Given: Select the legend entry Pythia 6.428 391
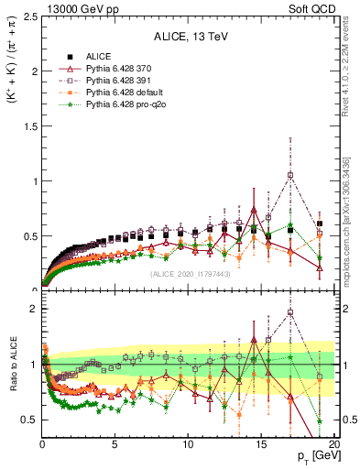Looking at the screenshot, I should (118, 81).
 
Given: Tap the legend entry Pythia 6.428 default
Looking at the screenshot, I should (123, 93).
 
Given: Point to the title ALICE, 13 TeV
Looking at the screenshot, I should (189, 37).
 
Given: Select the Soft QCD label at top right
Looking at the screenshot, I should (320, 8).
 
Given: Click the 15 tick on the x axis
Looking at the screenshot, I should (260, 445).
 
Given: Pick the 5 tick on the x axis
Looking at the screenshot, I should (115, 445).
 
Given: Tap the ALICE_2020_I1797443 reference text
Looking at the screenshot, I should (189, 274).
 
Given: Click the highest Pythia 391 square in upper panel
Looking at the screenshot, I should (290, 174).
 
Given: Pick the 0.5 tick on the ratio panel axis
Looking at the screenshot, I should (30, 420).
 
